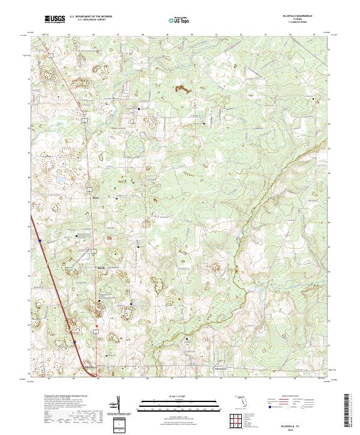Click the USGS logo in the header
point(55,19)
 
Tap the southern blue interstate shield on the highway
point(75,343)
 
